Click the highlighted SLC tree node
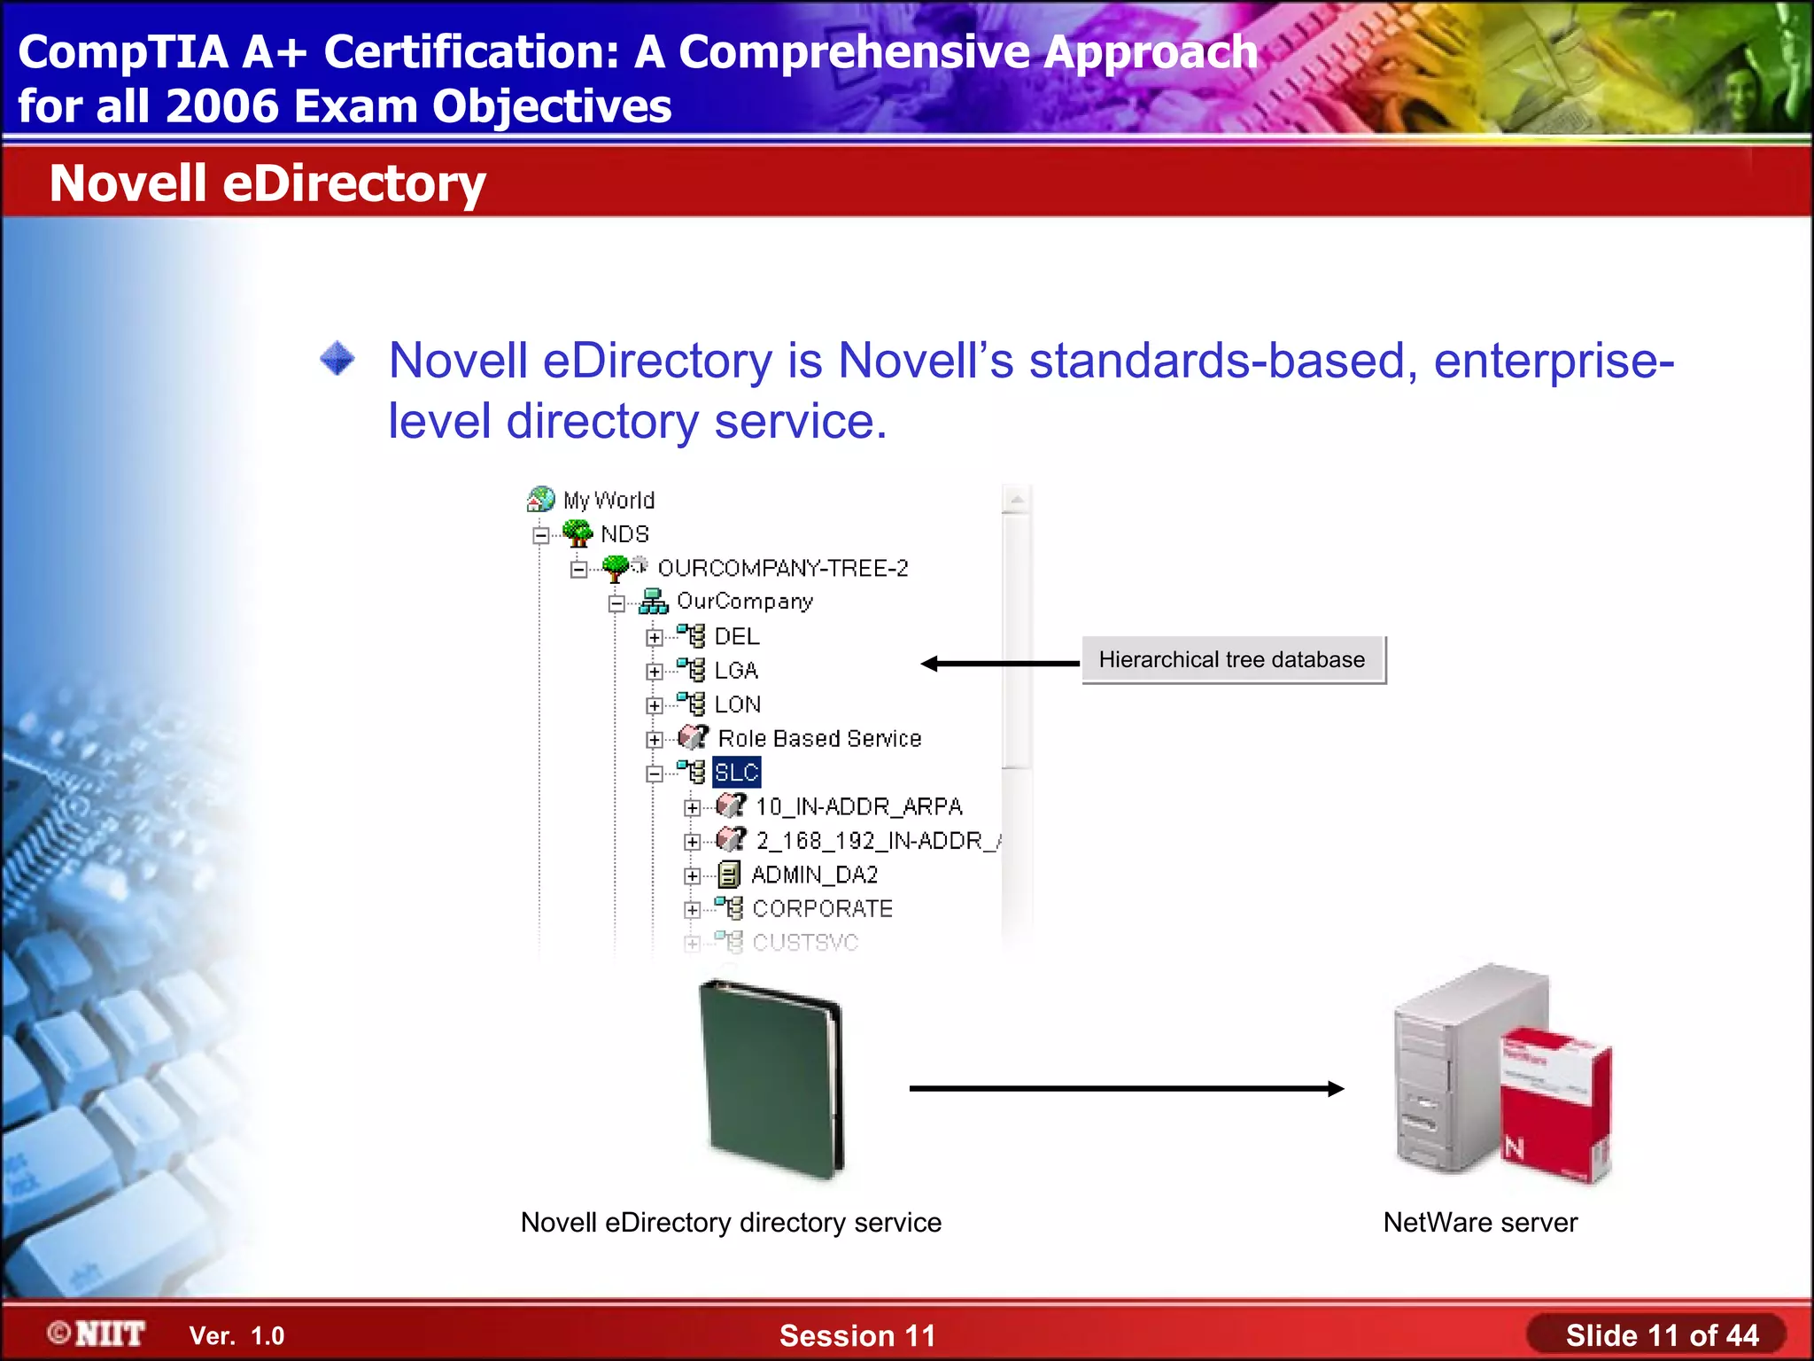pos(736,773)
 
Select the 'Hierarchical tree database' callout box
pos(1232,660)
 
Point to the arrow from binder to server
pos(1126,1089)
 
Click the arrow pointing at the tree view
pos(1000,664)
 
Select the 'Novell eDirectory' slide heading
pos(267,183)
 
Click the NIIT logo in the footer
pos(97,1334)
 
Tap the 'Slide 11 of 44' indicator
pos(1661,1335)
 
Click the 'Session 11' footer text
pos(857,1335)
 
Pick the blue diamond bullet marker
pos(337,360)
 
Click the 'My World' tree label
pos(609,501)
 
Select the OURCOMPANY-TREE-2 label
pos(783,568)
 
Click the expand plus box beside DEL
pos(654,638)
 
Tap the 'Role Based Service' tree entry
pos(819,739)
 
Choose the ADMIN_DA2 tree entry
pos(814,875)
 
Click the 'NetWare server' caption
pos(1480,1223)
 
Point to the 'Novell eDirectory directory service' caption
pos(731,1223)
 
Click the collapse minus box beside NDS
pos(540,535)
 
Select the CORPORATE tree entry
pos(822,909)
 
